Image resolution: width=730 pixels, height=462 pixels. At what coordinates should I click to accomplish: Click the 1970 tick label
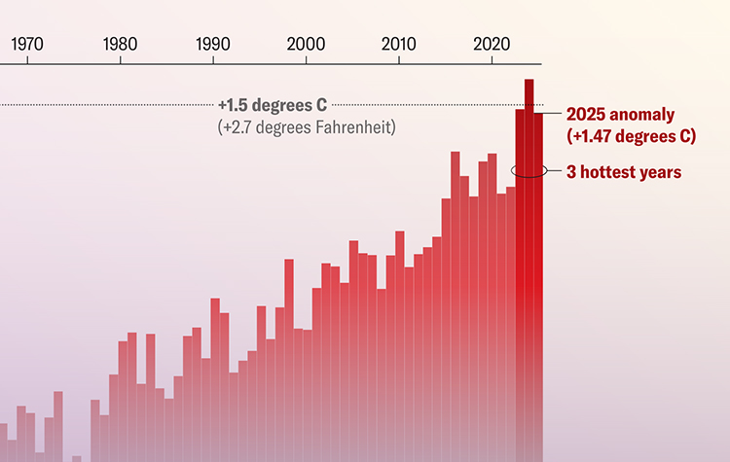coord(26,44)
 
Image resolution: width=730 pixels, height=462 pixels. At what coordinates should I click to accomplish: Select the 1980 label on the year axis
coord(120,44)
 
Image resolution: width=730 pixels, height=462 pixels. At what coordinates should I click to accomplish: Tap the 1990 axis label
coord(213,44)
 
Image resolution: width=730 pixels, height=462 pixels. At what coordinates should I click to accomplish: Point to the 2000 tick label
coord(307,44)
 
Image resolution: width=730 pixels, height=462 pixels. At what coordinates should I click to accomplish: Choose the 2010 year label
coord(399,44)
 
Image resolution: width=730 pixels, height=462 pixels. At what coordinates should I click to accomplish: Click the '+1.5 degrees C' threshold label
coord(272,104)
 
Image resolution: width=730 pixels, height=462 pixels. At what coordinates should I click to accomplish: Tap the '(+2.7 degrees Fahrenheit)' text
coord(307,127)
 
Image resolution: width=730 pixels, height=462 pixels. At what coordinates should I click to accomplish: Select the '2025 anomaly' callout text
coord(619,114)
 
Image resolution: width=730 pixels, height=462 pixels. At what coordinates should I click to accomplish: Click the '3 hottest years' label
coord(623,172)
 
